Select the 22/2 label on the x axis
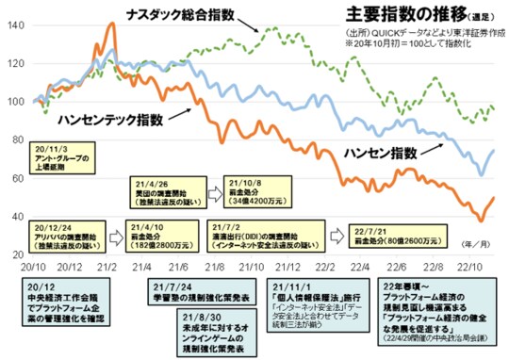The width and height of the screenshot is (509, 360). [320, 267]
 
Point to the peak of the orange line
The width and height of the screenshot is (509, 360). [113, 25]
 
